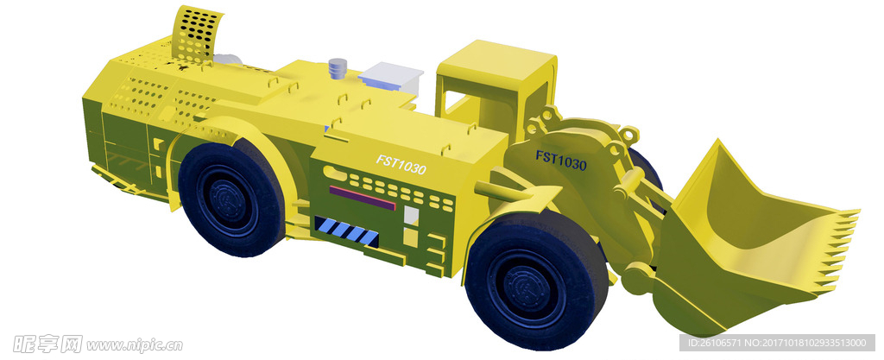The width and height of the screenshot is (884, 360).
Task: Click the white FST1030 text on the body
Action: [x=401, y=165]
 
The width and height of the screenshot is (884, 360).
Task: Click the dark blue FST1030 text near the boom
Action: [x=561, y=161]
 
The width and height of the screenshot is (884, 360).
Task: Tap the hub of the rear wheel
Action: [x=228, y=200]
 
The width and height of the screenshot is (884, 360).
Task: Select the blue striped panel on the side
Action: [x=345, y=231]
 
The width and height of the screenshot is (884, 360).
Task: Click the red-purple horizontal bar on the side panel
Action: [x=363, y=198]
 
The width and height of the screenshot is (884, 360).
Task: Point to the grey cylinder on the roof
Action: [x=338, y=68]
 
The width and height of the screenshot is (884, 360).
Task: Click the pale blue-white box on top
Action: [x=391, y=77]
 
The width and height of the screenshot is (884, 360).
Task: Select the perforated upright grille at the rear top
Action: [x=195, y=35]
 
